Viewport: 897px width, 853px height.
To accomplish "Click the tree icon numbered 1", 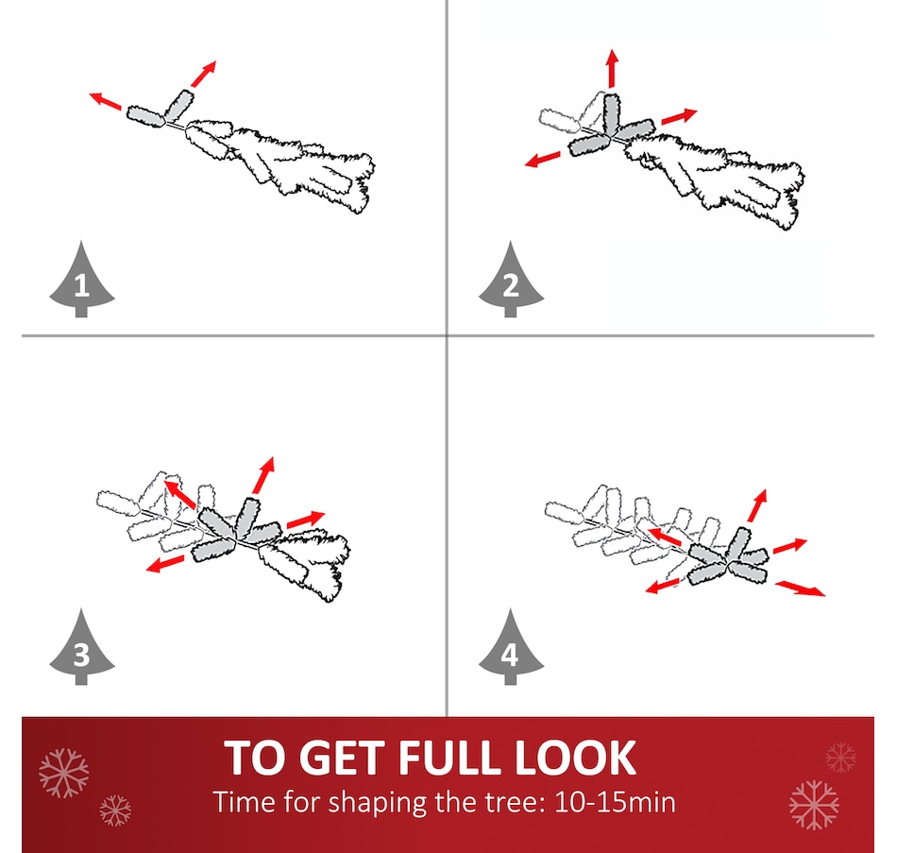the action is [82, 281].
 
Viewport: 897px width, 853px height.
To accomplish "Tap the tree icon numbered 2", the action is [511, 281].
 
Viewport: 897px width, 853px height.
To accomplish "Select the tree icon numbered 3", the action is [82, 648].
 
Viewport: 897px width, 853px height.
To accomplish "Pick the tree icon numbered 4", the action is [511, 648].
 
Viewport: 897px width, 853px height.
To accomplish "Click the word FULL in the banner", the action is [451, 758].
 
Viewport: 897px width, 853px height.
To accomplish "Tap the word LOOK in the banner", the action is [576, 758].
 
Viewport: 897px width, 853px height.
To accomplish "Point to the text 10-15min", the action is [615, 802].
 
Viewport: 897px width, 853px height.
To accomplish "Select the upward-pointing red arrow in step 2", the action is [613, 68].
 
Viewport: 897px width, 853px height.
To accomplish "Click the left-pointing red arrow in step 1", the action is [105, 100].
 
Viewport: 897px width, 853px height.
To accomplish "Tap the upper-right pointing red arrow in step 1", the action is [204, 74].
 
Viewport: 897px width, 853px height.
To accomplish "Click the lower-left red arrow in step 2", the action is [542, 159].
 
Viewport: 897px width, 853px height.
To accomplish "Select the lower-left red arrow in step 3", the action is [165, 563].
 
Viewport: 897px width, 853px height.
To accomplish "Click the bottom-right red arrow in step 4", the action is [801, 588].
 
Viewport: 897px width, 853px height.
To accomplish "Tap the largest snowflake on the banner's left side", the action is [64, 773].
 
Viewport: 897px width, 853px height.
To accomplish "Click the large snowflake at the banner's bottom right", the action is [814, 804].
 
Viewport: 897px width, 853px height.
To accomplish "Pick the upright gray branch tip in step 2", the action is [612, 113].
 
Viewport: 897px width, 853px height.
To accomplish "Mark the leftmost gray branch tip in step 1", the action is [145, 116].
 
